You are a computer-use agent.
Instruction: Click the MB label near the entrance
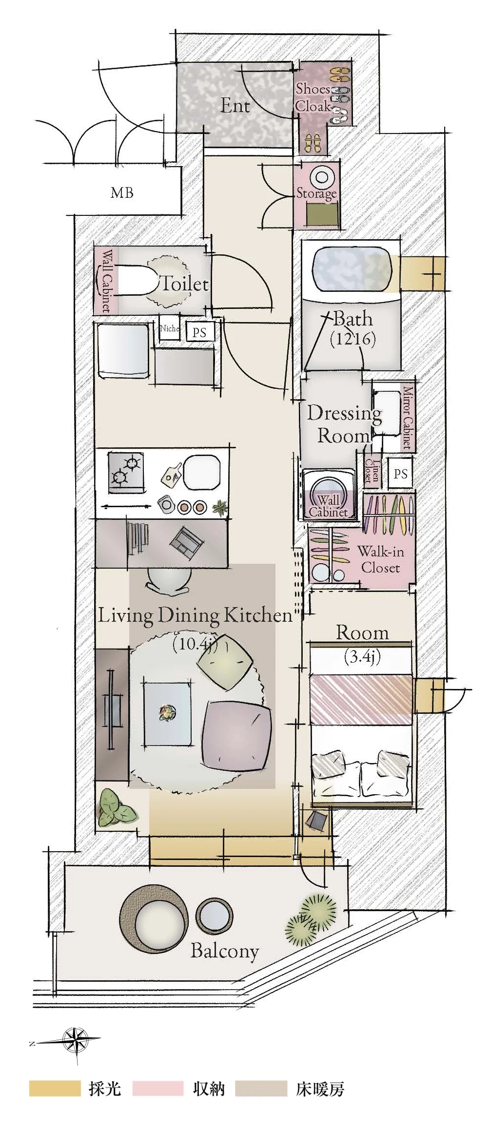[x=122, y=192]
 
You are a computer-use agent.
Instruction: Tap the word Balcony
[x=224, y=951]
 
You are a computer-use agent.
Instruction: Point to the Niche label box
[x=170, y=328]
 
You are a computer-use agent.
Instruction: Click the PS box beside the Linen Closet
[x=400, y=473]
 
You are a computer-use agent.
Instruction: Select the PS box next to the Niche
[x=199, y=333]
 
